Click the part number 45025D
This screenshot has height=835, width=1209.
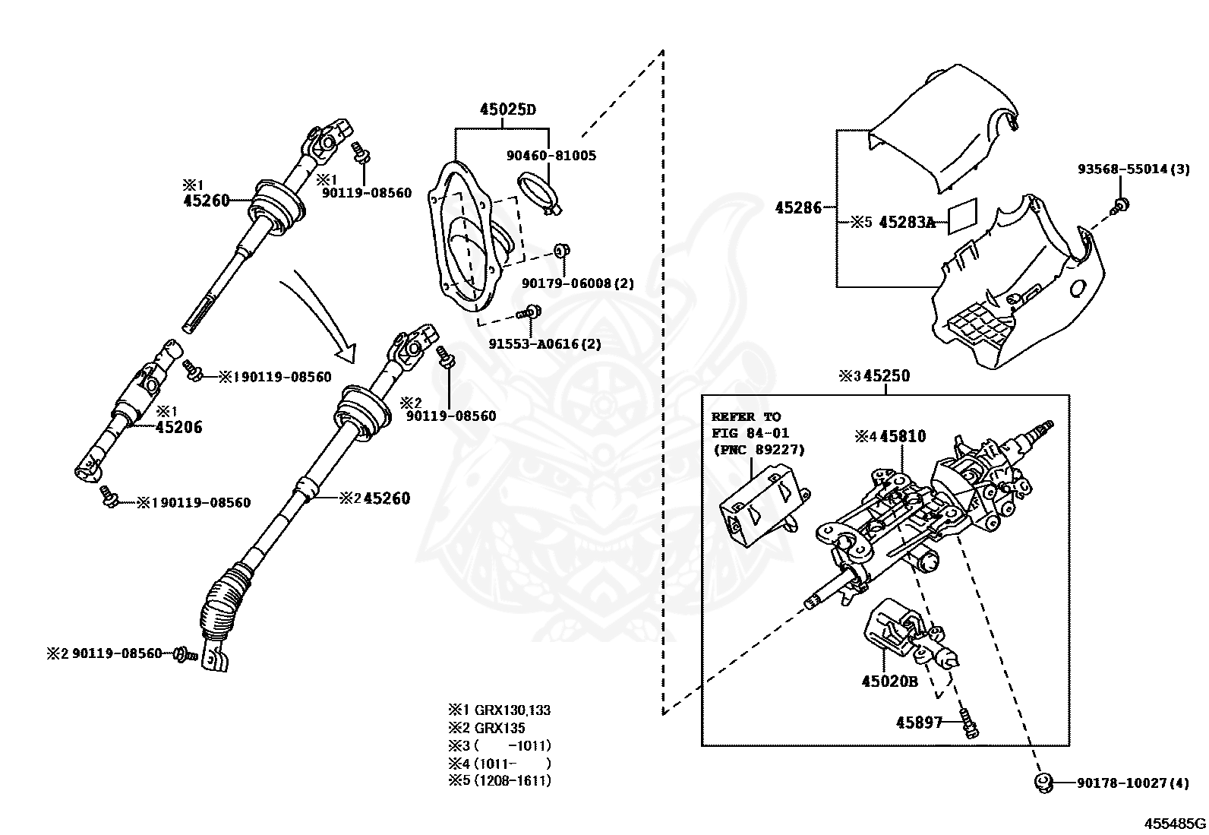coord(508,109)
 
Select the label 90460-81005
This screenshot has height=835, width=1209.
coord(551,156)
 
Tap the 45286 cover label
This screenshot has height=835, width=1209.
coord(798,207)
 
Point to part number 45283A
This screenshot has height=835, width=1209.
coord(907,222)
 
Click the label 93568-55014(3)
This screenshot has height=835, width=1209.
coord(1133,169)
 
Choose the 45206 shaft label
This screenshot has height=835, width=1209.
coord(178,427)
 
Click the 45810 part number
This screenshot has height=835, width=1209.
coord(902,436)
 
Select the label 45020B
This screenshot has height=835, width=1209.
coord(889,681)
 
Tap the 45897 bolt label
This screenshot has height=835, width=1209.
coord(919,722)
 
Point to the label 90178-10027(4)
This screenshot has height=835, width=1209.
coord(1133,783)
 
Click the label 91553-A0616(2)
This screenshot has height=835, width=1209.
coord(545,343)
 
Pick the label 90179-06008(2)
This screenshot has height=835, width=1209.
coord(577,283)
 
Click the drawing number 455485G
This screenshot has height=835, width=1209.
coord(1175,824)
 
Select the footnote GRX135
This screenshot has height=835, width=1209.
coord(500,728)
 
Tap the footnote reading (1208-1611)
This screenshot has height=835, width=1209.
coord(513,780)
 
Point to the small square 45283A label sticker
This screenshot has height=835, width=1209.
coord(962,217)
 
